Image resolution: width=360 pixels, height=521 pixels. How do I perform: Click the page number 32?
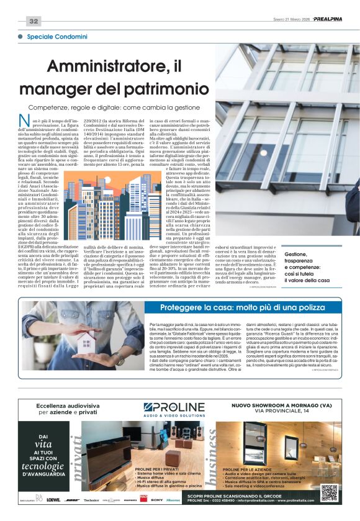coord(33,21)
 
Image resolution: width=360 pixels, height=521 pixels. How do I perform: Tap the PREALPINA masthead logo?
coord(336,19)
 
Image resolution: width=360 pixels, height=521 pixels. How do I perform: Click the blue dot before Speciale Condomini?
coord(22,38)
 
